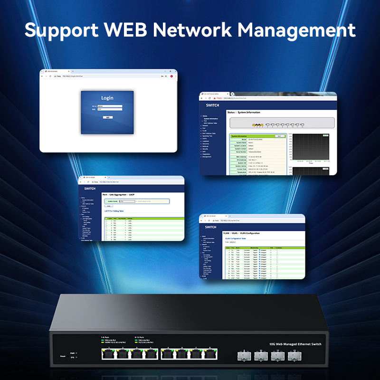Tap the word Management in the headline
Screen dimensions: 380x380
(x=296, y=30)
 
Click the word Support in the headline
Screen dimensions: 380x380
(x=60, y=30)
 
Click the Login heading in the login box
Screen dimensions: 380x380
(x=107, y=98)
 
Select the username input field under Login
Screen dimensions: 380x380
(x=112, y=106)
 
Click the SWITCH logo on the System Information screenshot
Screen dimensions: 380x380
(x=212, y=105)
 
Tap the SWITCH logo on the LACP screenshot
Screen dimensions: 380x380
(x=89, y=188)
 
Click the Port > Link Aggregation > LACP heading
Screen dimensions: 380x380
(x=119, y=195)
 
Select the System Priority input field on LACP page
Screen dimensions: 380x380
(x=127, y=201)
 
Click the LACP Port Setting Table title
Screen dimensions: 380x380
(x=114, y=210)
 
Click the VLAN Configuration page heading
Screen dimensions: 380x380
(x=242, y=234)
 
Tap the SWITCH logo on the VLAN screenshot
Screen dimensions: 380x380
(x=209, y=227)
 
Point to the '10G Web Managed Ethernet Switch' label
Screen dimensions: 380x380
(x=295, y=344)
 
